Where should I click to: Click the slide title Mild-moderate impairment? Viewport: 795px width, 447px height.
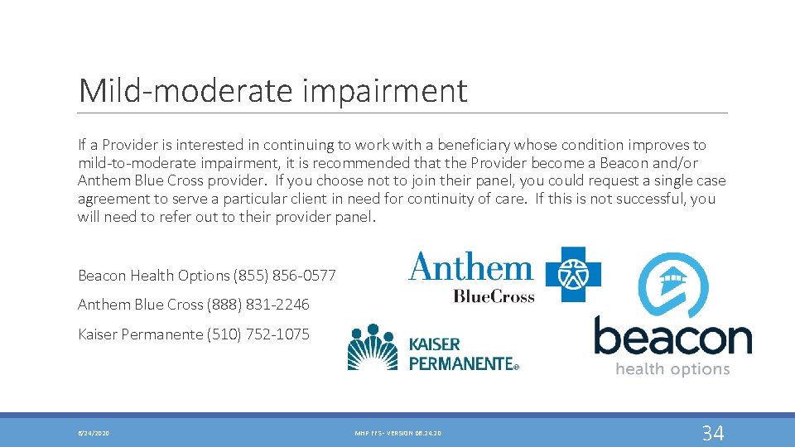click(x=272, y=90)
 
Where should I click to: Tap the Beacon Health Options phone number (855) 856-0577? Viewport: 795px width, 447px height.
click(x=285, y=275)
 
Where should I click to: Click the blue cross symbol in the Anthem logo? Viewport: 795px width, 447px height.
click(x=569, y=274)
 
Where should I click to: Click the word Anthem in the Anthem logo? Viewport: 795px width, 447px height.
click(x=470, y=268)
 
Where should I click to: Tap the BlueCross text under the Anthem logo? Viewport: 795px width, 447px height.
click(x=494, y=296)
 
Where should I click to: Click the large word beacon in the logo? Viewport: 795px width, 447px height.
click(x=672, y=338)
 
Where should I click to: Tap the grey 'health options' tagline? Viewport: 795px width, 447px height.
click(x=672, y=369)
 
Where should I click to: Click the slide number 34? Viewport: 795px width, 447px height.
click(x=712, y=432)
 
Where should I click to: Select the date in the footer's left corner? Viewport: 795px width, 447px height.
click(x=94, y=433)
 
